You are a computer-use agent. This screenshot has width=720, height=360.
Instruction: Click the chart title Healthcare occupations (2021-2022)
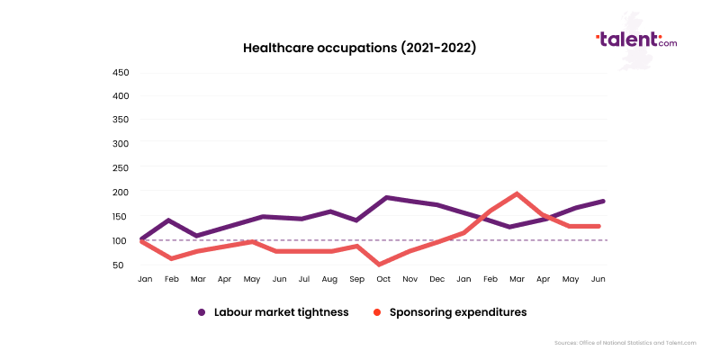(x=359, y=48)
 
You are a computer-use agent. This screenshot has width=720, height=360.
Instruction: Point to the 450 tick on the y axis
(x=121, y=72)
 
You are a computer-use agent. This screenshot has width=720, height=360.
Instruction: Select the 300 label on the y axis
(x=121, y=143)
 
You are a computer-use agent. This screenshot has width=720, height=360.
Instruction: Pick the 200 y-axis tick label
(x=121, y=192)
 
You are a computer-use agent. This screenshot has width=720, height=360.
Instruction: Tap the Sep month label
(x=358, y=280)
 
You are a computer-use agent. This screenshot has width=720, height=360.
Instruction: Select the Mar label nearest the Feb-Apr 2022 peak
(x=517, y=280)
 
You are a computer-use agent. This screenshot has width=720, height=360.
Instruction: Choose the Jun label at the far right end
(x=598, y=280)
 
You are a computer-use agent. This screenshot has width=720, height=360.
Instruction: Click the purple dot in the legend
(x=202, y=312)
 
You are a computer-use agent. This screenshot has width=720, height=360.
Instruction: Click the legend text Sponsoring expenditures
(x=458, y=312)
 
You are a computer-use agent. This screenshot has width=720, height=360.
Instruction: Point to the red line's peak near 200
(x=517, y=193)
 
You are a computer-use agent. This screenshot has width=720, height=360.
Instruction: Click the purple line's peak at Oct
(x=386, y=197)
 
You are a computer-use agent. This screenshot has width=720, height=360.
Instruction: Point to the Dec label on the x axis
(x=437, y=280)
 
